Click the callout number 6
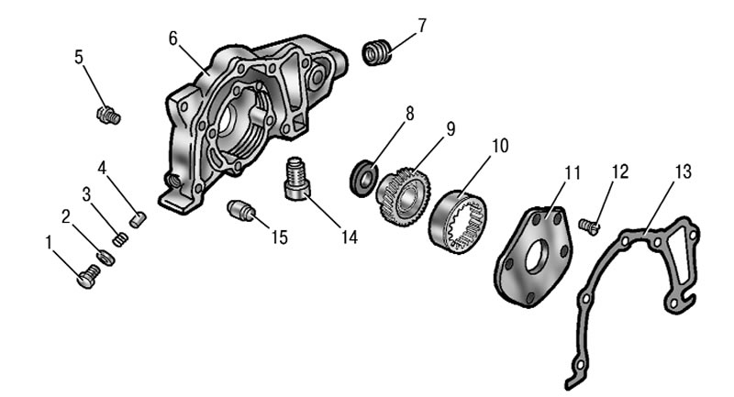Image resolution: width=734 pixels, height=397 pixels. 173,39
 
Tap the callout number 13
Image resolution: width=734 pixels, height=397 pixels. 683,171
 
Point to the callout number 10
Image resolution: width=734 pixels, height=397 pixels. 499,146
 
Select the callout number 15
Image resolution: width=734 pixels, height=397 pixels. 279,237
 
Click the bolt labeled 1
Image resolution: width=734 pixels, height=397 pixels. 88,276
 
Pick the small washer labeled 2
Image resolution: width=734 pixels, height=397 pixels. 106,259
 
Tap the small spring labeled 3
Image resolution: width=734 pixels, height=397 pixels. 120,239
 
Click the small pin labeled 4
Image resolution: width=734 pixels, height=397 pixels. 138,219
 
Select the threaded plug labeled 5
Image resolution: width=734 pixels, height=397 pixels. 108,115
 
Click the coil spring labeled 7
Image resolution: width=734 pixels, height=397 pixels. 378,53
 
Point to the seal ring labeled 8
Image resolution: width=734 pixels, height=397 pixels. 363,178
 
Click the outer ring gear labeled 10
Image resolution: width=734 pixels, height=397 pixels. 458,222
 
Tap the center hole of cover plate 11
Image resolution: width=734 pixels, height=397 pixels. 537,258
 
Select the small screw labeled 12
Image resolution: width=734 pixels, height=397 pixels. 589,226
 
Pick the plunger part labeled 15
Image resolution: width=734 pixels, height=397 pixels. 242,210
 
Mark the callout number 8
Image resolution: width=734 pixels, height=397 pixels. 409,113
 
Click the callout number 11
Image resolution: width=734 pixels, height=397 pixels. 572,173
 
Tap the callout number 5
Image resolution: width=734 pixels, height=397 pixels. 79,57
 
